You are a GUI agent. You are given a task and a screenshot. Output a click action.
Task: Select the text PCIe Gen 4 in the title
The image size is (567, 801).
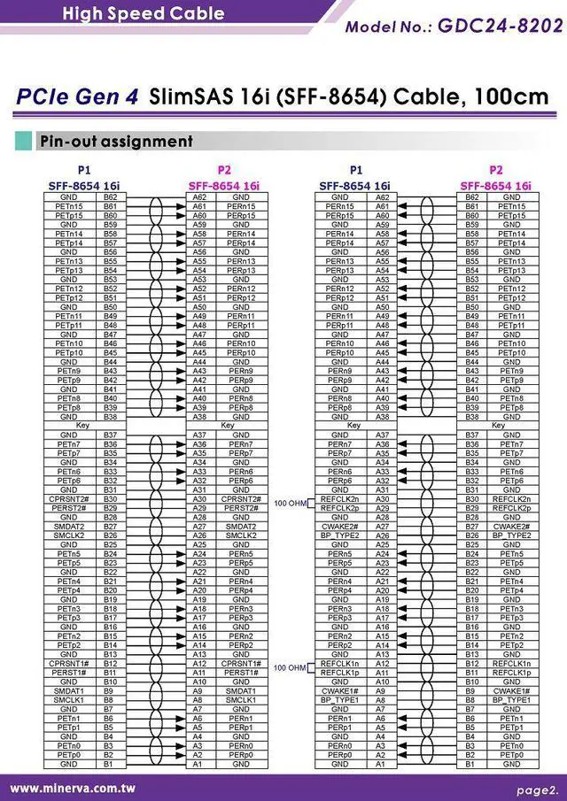click(x=77, y=96)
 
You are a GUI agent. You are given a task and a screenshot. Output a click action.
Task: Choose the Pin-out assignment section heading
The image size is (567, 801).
click(x=115, y=141)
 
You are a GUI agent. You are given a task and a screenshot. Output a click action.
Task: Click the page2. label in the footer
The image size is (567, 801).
click(x=538, y=788)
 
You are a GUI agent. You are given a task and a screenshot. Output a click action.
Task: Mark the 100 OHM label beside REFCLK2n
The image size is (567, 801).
click(x=291, y=503)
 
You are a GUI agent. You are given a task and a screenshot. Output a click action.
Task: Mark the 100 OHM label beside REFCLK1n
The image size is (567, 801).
click(x=291, y=667)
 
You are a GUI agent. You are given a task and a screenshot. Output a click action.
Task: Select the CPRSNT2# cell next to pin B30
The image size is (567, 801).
click(x=68, y=499)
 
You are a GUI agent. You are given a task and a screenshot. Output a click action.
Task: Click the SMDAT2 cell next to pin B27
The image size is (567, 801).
click(x=68, y=527)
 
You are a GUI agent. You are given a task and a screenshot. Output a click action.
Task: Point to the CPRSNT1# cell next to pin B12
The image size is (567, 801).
click(x=68, y=663)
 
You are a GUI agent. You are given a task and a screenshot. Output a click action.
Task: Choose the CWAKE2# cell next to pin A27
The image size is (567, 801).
click(x=339, y=527)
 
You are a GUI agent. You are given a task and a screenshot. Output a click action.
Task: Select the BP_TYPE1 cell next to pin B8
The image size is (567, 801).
click(x=511, y=700)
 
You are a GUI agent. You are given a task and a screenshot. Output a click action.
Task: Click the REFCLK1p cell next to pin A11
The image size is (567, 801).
click(x=339, y=673)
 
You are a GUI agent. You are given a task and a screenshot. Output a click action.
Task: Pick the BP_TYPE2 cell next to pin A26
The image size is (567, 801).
click(x=339, y=535)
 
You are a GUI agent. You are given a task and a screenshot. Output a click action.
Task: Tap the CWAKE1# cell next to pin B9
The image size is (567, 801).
click(x=511, y=690)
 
